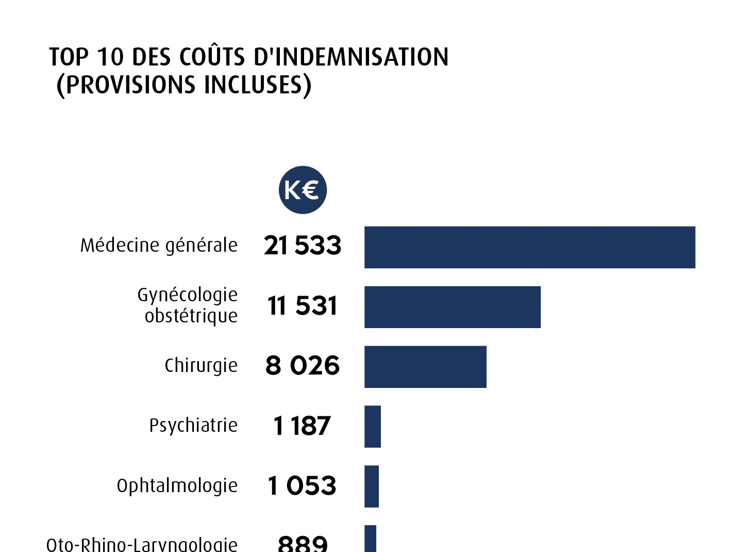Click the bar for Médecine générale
(x=529, y=247)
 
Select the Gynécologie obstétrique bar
(x=452, y=307)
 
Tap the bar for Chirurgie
(x=425, y=367)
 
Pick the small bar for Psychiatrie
(x=372, y=427)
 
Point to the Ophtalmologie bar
(x=371, y=486)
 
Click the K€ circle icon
(x=303, y=190)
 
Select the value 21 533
(x=303, y=246)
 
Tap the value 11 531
(x=303, y=305)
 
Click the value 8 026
(x=303, y=366)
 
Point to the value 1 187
(x=302, y=426)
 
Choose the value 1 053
(x=302, y=486)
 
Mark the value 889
(x=303, y=543)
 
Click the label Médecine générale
(x=159, y=246)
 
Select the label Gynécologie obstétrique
(x=188, y=305)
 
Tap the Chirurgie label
(x=201, y=366)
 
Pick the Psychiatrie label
(x=193, y=426)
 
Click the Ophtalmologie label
(x=177, y=486)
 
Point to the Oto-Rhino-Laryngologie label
(x=142, y=544)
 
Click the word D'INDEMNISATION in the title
(x=351, y=56)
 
